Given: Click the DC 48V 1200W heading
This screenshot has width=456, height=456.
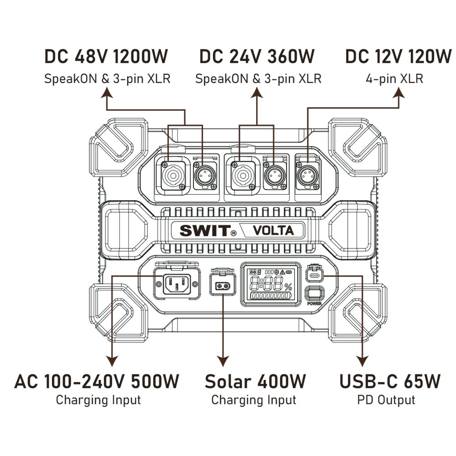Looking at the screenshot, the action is point(106,56).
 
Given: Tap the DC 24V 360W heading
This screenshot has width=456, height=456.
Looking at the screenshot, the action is point(257,56).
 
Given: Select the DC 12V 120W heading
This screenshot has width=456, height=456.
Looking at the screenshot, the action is point(398,56).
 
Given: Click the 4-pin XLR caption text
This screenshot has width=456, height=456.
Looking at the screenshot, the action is point(394,79).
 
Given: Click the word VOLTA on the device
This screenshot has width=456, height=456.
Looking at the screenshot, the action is point(273,231).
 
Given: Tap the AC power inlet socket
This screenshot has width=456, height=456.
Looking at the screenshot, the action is point(176,284).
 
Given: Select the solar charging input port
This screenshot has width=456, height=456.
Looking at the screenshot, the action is point(223,286).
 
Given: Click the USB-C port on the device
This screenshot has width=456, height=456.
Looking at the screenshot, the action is point(314,275).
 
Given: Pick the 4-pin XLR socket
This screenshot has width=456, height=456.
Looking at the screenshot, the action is point(307,176).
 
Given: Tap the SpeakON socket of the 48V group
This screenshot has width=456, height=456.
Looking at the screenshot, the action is point(173,176).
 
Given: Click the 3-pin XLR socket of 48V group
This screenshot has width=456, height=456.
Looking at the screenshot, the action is point(205,176).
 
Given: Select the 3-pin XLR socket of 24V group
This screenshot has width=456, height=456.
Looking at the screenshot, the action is point(275,176).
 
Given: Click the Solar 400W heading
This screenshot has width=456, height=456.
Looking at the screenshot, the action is point(255,381).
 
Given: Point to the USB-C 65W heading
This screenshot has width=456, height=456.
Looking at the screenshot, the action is point(390,381).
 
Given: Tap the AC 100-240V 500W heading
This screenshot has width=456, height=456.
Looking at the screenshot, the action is point(97,381).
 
